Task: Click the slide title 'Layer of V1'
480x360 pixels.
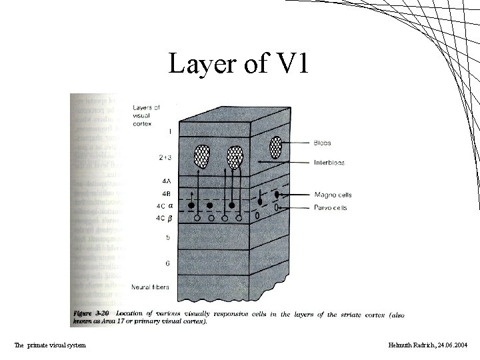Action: point(239,64)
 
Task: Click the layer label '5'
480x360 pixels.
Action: point(167,236)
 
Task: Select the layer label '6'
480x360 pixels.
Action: point(167,263)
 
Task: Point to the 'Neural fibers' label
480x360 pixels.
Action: point(150,287)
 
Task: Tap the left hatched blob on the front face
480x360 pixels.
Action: point(201,157)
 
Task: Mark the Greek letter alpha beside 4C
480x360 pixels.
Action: point(171,205)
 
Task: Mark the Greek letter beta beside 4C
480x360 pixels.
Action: point(171,217)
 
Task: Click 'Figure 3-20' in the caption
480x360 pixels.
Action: point(91,313)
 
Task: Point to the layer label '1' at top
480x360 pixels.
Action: point(170,131)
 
